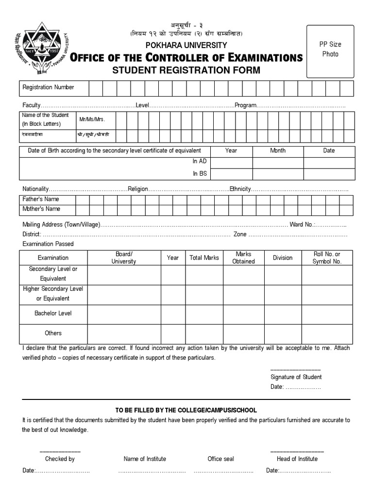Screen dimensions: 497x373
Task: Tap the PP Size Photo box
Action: [x=330, y=51]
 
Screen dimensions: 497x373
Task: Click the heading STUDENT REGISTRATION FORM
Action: [x=186, y=70]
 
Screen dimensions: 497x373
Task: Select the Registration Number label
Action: [x=48, y=87]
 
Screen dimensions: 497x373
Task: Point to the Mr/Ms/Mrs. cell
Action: [x=92, y=119]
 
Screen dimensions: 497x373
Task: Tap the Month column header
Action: [x=278, y=150]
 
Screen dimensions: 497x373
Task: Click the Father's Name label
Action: [x=41, y=199]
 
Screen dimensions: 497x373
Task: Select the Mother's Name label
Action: [x=41, y=209]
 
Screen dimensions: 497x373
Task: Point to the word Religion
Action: [x=138, y=189]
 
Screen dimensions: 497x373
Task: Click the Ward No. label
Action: [x=302, y=225]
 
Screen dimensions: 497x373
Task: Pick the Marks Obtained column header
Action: [x=243, y=258]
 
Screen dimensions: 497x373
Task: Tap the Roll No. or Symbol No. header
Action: [x=327, y=258]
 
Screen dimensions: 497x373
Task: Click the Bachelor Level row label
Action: [x=53, y=314]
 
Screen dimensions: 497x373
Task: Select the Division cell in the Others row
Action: [x=282, y=333]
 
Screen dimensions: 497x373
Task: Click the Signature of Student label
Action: [x=296, y=377]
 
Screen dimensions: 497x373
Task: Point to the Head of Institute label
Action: [x=297, y=459]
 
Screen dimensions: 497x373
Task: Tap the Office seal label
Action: [x=220, y=459]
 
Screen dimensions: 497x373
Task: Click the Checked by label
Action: [x=60, y=459]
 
